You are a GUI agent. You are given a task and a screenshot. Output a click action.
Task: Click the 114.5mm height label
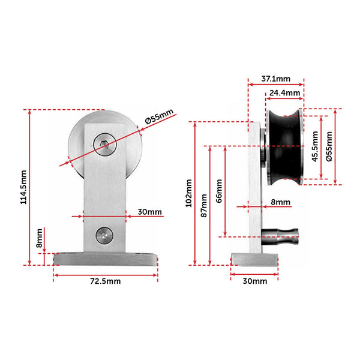click(x=23, y=187)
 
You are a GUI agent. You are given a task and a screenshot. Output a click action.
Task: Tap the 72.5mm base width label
click(x=106, y=281)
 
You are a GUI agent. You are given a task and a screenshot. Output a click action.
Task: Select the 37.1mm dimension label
click(x=276, y=78)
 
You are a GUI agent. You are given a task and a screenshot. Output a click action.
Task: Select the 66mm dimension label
click(x=219, y=190)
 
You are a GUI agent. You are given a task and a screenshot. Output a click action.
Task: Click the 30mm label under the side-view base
click(x=254, y=281)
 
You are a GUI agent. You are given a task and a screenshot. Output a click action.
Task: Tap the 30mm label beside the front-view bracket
click(x=149, y=212)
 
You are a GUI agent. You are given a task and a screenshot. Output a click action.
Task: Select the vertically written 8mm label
click(x=39, y=238)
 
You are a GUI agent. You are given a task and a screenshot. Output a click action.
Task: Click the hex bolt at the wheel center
click(x=104, y=144)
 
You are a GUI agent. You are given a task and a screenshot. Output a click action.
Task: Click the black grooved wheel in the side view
click(x=286, y=146)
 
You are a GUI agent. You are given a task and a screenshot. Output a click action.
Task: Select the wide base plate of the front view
click(x=106, y=259)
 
